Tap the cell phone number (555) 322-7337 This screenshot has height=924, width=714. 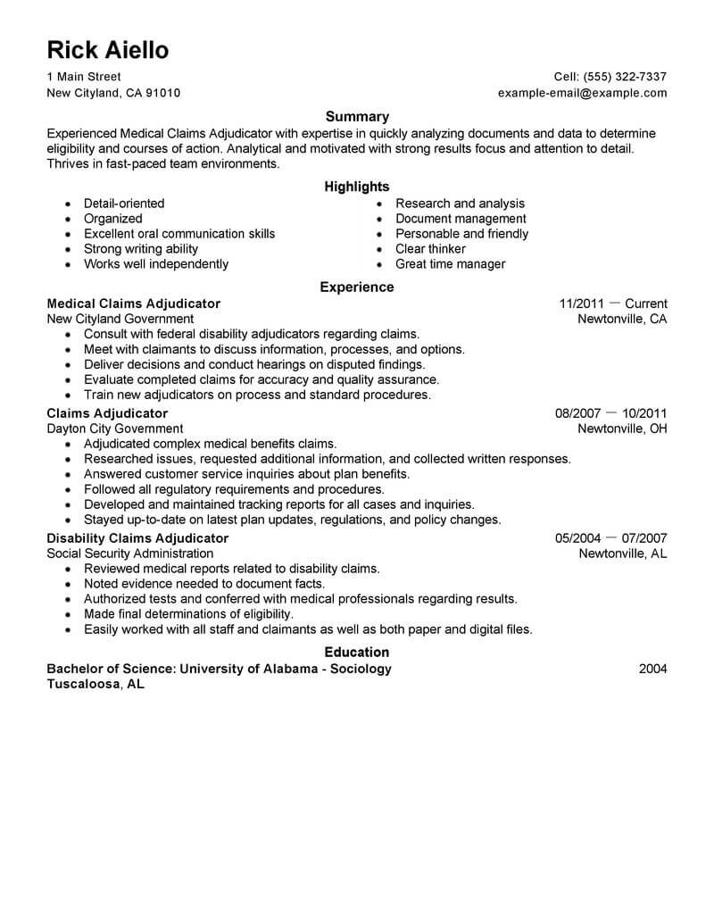[x=623, y=77]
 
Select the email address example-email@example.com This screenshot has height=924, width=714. [x=582, y=93]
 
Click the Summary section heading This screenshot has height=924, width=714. [x=357, y=116]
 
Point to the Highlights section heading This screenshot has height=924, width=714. [x=357, y=187]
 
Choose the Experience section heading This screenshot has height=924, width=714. [x=357, y=287]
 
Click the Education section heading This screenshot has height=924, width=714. [x=357, y=653]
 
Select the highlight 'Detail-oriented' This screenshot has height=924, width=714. [x=124, y=204]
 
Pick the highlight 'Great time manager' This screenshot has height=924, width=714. [x=450, y=264]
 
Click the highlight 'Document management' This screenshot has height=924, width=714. [x=461, y=219]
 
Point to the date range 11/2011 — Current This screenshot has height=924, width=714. [x=612, y=304]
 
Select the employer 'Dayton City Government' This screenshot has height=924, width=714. [x=115, y=429]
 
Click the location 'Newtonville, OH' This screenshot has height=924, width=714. [x=623, y=429]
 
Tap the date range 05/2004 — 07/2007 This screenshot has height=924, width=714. [x=610, y=538]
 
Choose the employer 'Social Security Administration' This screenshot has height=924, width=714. [x=130, y=554]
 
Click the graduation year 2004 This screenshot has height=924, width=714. [x=652, y=669]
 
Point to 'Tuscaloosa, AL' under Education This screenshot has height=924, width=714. [x=95, y=685]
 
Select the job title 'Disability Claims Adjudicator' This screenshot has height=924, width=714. [x=137, y=538]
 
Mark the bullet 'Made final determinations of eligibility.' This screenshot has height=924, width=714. [x=188, y=614]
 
